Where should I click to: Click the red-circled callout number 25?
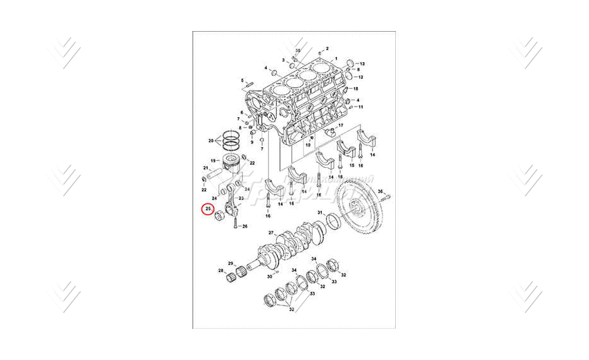pos(208,209)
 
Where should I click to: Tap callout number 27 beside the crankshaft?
pos(271,233)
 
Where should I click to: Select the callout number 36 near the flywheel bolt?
pos(380,191)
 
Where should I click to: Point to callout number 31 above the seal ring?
pos(320,212)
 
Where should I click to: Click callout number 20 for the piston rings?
pos(211,140)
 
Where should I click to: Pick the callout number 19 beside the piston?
pos(213,160)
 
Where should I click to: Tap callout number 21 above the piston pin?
pos(206,169)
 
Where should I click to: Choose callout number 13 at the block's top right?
pos(362,64)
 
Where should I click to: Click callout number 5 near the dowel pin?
pos(242,80)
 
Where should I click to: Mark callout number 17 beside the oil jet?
pos(340,125)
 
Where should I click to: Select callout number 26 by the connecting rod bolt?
pos(244,226)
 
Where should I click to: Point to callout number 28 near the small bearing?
pos(221,271)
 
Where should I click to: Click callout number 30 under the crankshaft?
pos(269,277)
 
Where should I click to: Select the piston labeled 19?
pos(231,165)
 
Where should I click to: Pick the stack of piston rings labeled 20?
pos(229,140)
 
